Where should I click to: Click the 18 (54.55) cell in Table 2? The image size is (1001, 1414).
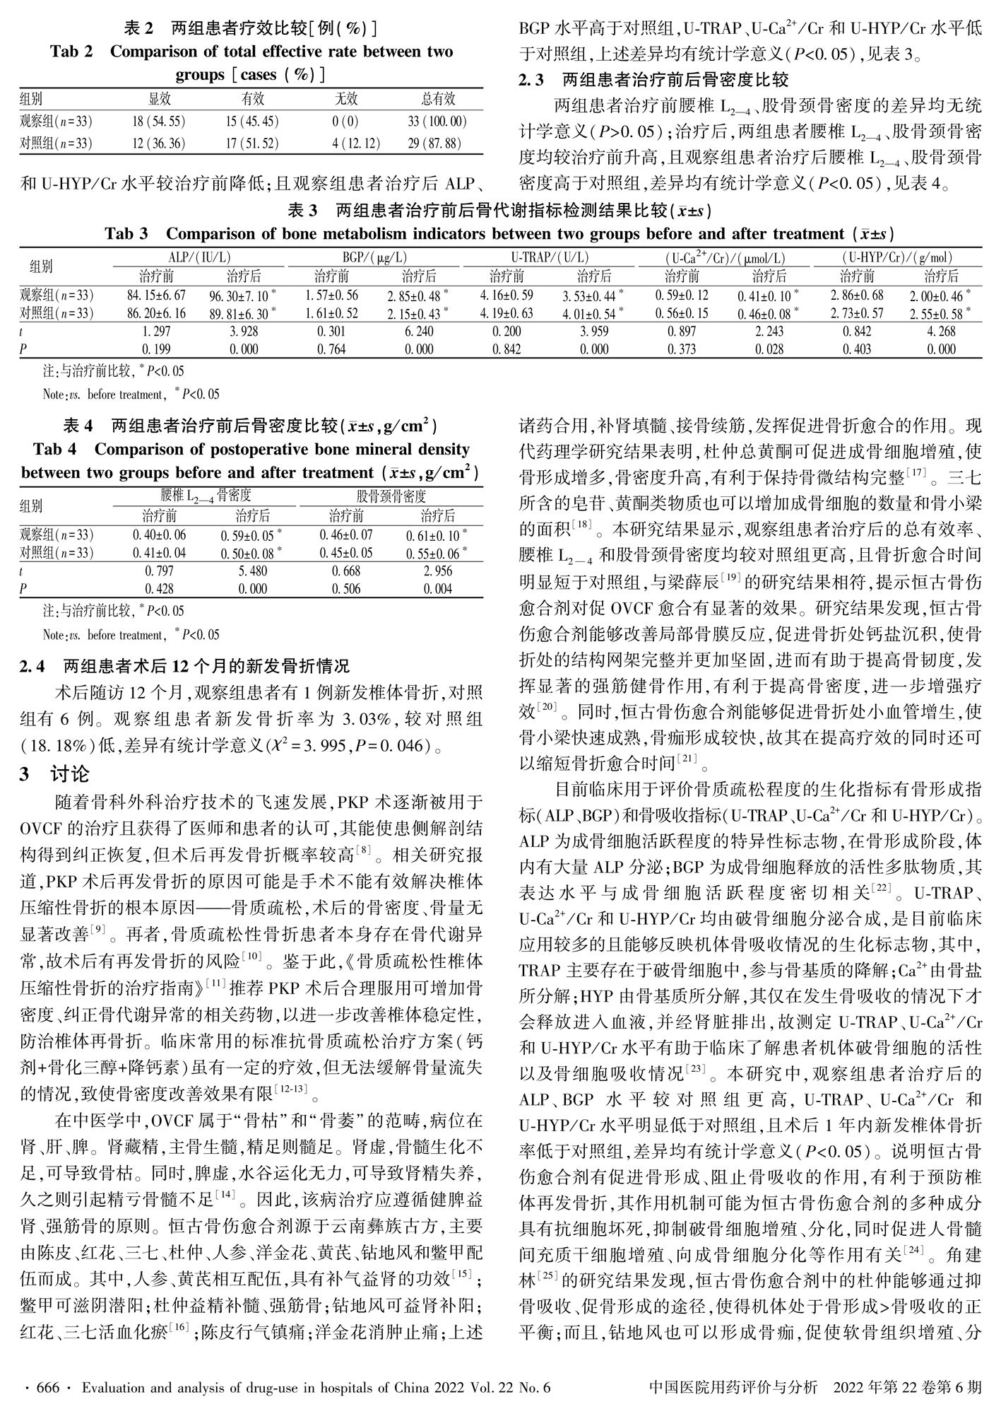(x=158, y=122)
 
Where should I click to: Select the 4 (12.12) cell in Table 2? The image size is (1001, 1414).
(x=355, y=144)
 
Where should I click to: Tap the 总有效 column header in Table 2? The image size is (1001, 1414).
(x=438, y=99)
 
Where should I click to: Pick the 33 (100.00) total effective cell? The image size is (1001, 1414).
(x=438, y=122)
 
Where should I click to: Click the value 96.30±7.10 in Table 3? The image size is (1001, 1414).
(x=242, y=296)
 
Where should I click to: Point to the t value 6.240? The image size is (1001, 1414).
(x=419, y=331)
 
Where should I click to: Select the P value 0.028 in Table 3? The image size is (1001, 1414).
(x=769, y=349)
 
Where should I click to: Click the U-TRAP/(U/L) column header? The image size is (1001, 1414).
(x=550, y=258)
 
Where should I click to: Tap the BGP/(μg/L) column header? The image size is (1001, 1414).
(x=374, y=258)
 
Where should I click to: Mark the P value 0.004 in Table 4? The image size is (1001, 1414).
(x=438, y=588)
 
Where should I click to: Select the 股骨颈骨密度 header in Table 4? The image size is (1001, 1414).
(x=391, y=496)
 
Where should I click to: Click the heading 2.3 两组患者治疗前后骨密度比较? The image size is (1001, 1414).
(x=653, y=80)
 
